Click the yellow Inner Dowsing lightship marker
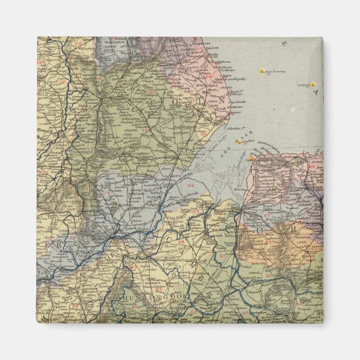[x=261, y=72]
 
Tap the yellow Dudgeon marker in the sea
[x=313, y=84]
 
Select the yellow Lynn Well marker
[x=238, y=142]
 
